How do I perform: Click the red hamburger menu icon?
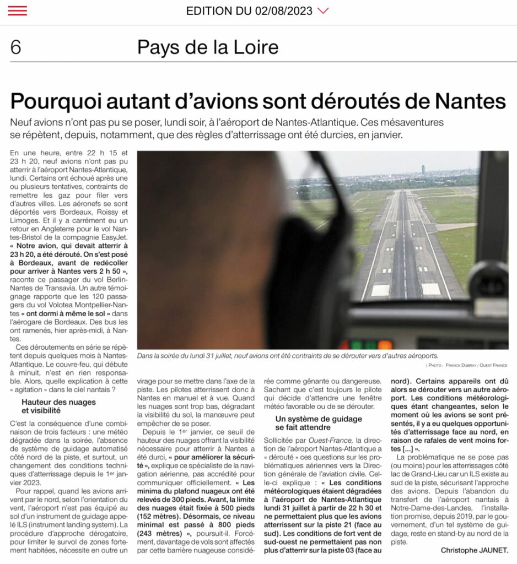(18, 10)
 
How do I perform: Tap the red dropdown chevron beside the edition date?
(324, 11)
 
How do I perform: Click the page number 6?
(15, 48)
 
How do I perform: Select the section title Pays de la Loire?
(208, 48)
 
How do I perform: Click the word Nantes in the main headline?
(470, 101)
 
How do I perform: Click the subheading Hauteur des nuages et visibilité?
(58, 406)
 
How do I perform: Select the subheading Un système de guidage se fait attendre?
(319, 423)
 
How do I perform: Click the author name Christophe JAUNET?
(474, 550)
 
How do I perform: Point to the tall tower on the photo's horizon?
(423, 169)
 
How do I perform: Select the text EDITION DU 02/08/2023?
(249, 11)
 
